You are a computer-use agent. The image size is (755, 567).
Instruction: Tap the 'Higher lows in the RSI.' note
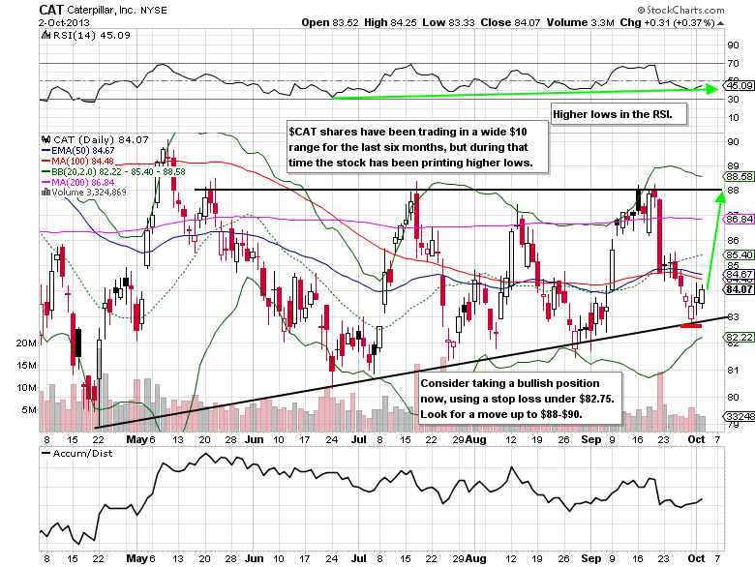619,115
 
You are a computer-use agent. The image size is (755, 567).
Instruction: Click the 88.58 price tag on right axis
739,176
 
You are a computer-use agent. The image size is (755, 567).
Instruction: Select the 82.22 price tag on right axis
739,337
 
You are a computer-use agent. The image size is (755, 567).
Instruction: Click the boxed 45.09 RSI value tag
739,86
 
